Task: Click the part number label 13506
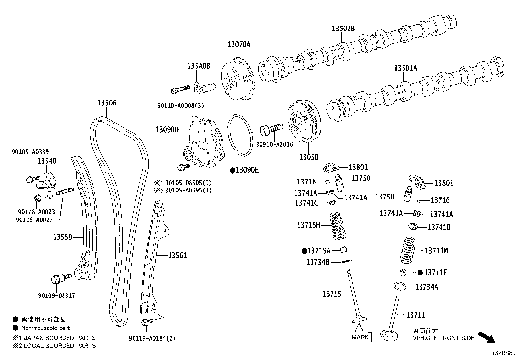click(x=107, y=103)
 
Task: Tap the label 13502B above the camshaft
click(x=343, y=29)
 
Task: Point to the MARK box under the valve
click(x=360, y=337)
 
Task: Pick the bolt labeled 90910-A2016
click(x=271, y=129)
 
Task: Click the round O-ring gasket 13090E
click(x=241, y=134)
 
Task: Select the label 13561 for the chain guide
click(x=177, y=255)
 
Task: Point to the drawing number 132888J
click(x=503, y=353)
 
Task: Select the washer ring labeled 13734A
click(x=400, y=286)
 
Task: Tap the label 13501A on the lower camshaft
click(x=405, y=68)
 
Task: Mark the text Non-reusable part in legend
click(x=45, y=328)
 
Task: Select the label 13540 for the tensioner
click(x=46, y=161)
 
